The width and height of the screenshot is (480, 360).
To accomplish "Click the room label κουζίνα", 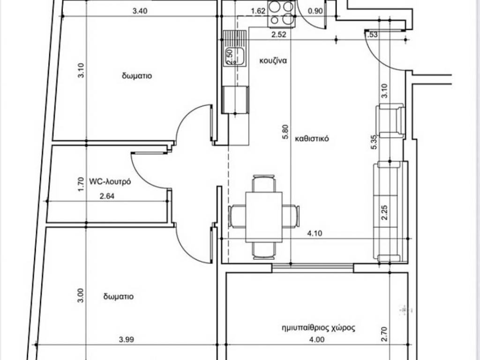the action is (x=273, y=60).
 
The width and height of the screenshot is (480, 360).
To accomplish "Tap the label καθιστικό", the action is (x=312, y=139).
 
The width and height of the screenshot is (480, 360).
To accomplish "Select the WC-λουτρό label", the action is (x=110, y=181).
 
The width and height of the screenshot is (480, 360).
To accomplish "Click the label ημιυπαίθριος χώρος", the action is (x=318, y=328).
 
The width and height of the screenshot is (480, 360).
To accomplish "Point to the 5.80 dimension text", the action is (x=285, y=132).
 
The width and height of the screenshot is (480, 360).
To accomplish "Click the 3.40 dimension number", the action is (x=140, y=11).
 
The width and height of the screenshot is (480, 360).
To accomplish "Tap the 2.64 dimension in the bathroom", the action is (x=107, y=196).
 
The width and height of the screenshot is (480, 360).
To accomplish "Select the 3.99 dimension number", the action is (x=127, y=339).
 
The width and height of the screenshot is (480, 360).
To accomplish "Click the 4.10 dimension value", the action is (x=315, y=233).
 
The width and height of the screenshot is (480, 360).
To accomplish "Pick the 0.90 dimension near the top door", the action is (x=315, y=11).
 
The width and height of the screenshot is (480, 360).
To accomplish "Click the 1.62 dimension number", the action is (x=258, y=11).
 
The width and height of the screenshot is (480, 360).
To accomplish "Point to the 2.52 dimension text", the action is (x=279, y=35).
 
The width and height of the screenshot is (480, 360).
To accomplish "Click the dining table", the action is (x=264, y=217).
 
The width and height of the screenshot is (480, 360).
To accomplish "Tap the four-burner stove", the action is (x=282, y=14).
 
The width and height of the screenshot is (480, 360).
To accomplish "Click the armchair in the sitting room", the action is (x=390, y=121).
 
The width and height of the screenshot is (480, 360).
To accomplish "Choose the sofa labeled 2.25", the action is (x=390, y=211).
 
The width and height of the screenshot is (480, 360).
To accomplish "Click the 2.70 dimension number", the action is (x=385, y=334).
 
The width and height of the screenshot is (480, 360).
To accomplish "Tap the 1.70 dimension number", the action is (x=81, y=185).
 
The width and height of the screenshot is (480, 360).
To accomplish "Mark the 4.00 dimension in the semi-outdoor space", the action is (x=316, y=339).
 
